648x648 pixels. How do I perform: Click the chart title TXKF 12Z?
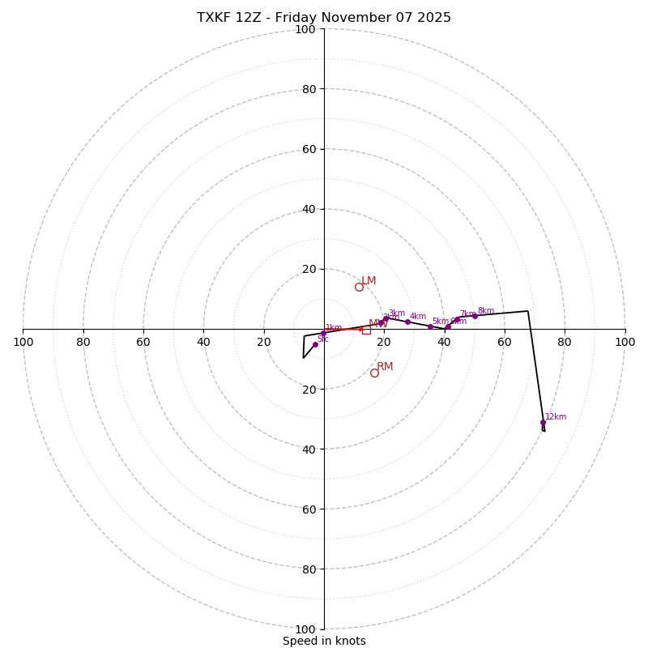[x=324, y=18]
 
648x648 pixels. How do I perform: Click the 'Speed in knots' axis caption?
[x=324, y=641]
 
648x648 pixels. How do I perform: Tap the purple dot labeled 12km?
[x=543, y=422]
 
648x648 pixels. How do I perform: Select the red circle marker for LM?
[x=359, y=287]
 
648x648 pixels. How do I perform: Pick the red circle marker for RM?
[x=374, y=373]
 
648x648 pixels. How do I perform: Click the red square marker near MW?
[x=366, y=330]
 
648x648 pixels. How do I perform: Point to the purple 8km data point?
[x=475, y=316]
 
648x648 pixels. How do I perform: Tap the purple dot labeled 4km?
[x=407, y=322]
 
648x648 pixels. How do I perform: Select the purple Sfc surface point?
[x=315, y=344]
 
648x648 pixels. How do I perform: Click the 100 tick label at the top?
[x=305, y=29]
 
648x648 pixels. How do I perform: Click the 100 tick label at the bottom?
[x=305, y=629]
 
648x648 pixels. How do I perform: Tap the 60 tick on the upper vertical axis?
[x=308, y=149]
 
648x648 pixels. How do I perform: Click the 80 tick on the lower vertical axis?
[x=308, y=569]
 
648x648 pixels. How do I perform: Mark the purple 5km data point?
[x=430, y=326]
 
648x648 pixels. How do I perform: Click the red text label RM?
[x=385, y=367]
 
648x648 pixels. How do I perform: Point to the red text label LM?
[x=369, y=281]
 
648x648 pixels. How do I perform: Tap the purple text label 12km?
[x=556, y=417]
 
